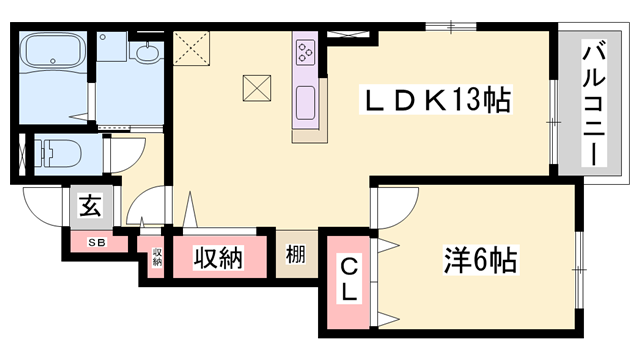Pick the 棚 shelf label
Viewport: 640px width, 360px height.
pyautogui.click(x=295, y=256)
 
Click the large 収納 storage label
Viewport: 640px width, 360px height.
pyautogui.click(x=218, y=258)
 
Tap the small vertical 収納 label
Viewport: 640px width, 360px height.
pyautogui.click(x=157, y=258)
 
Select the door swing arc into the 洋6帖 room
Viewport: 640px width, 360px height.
pyautogui.click(x=392, y=208)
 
